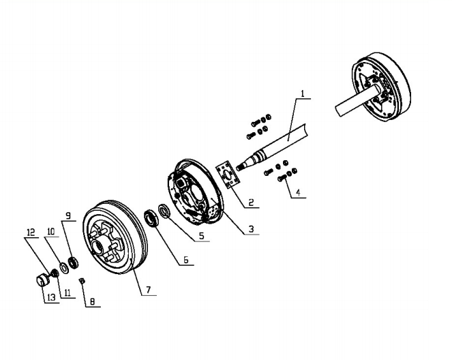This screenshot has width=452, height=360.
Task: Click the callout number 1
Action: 303,93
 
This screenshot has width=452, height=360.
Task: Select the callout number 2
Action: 251,202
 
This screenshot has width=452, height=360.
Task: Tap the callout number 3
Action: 252,229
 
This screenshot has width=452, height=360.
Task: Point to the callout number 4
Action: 298,192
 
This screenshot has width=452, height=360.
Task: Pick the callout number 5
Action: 202,236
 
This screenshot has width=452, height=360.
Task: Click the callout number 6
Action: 186,260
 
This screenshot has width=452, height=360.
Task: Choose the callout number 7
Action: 149,290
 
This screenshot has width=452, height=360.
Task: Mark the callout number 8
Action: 92,301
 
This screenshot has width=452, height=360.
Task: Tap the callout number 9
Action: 68,215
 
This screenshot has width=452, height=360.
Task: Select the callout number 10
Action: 51,231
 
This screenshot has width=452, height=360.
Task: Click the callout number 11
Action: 67,293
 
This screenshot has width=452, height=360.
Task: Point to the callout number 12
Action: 31,232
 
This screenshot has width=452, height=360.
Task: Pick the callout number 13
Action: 51,297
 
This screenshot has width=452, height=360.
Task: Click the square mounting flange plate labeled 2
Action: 228,175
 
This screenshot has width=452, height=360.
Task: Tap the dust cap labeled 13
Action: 42,280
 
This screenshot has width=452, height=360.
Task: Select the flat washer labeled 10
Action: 63,268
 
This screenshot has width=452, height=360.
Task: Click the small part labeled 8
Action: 82,280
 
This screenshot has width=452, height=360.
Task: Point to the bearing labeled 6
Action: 151,218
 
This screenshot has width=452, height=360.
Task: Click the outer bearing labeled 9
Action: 74,262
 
